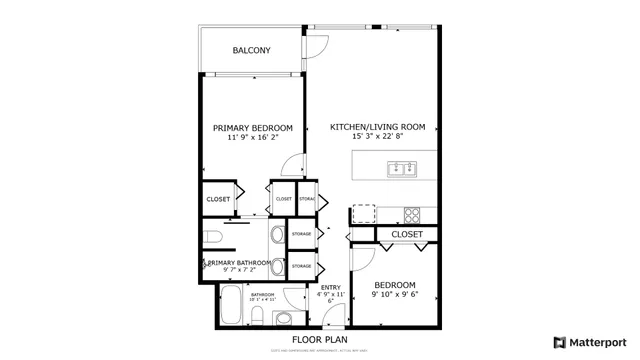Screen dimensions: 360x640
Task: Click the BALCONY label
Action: [x=252, y=51]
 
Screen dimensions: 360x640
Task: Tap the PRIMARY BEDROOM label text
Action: [x=252, y=128]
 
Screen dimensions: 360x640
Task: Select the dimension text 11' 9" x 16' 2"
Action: [x=252, y=138]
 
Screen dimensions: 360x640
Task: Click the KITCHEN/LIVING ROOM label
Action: [x=378, y=127]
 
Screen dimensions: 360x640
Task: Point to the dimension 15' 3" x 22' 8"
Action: [x=378, y=137]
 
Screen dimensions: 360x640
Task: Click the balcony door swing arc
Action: [x=317, y=44]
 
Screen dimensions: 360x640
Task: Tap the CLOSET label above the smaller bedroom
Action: [x=406, y=234]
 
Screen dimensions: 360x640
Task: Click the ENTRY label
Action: [x=330, y=286]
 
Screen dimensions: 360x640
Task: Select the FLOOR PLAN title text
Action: [x=319, y=339]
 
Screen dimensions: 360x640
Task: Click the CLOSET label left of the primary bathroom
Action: [x=218, y=199]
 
